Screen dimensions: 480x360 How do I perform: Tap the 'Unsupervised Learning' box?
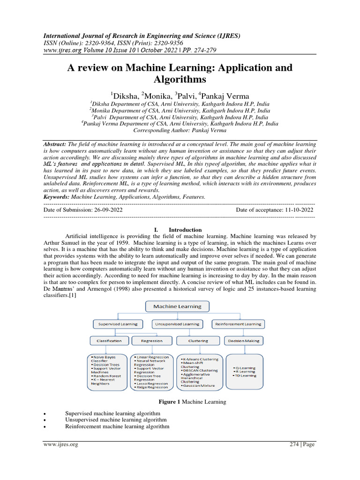177,324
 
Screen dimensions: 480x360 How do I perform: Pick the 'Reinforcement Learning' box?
238,324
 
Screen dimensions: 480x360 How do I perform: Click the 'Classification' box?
109,341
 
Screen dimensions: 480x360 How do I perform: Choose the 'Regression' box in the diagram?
151,341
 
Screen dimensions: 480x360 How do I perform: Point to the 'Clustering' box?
197,341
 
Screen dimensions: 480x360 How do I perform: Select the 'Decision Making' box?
244,341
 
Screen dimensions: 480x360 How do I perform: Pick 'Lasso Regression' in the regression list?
151,383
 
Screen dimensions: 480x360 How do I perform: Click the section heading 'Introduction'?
185,230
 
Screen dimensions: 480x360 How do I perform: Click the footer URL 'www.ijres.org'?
60,444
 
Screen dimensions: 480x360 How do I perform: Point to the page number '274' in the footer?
294,444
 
